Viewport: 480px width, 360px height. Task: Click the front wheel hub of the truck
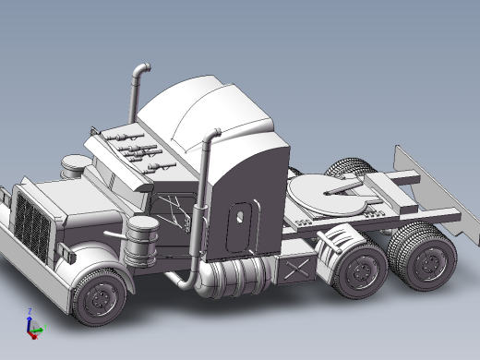click(x=98, y=298)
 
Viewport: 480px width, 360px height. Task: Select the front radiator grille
click(x=33, y=227)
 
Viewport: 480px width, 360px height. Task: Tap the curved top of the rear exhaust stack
click(x=140, y=69)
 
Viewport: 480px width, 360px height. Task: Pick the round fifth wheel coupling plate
click(x=323, y=196)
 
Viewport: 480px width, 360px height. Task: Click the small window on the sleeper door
click(x=240, y=214)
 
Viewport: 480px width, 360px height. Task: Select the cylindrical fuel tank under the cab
click(x=235, y=276)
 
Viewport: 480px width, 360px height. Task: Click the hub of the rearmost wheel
click(x=426, y=264)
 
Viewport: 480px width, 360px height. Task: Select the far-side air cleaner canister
click(x=75, y=166)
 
